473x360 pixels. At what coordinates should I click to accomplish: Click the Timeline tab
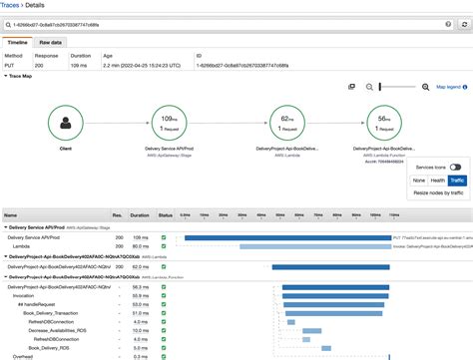pos(17,44)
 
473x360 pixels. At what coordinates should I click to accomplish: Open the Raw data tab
pos(50,44)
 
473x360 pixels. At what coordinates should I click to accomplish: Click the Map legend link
pos(448,87)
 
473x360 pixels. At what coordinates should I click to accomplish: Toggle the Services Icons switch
pos(454,168)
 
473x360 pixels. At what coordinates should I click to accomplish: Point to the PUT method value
pos(9,64)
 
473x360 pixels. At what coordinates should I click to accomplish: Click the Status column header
pos(165,214)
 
